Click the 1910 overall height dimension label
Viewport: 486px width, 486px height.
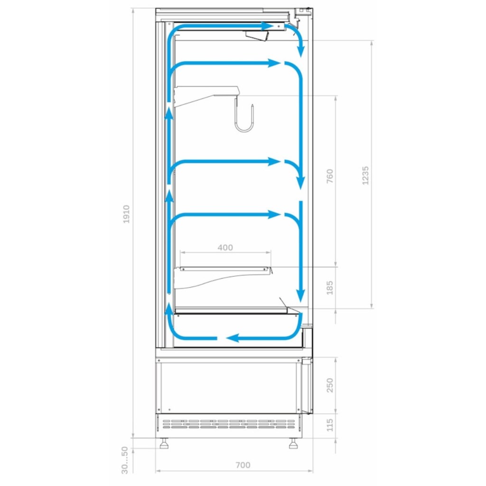coord(126,214)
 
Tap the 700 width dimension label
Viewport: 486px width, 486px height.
coord(243,465)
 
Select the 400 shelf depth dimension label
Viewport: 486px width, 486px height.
coord(225,247)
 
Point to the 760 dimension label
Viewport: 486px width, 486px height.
coord(330,176)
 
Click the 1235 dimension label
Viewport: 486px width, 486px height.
coord(365,176)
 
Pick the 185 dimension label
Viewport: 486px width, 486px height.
coord(330,287)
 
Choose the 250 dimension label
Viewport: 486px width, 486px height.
coord(330,385)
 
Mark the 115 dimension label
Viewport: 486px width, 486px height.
coord(330,425)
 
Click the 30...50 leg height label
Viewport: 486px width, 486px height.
coord(125,460)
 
